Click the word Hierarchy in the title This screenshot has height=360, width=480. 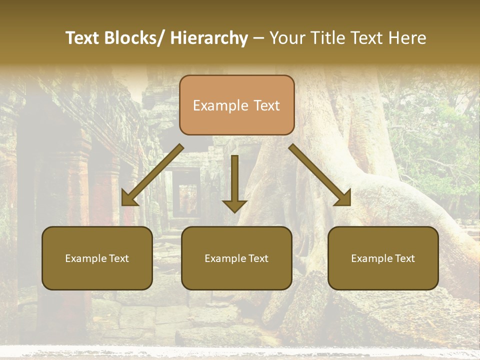point(209,38)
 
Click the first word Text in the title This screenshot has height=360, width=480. point(82,38)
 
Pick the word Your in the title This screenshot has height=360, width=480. point(287,38)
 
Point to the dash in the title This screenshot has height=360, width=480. point(258,38)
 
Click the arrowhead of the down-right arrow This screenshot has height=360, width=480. point(342,197)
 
